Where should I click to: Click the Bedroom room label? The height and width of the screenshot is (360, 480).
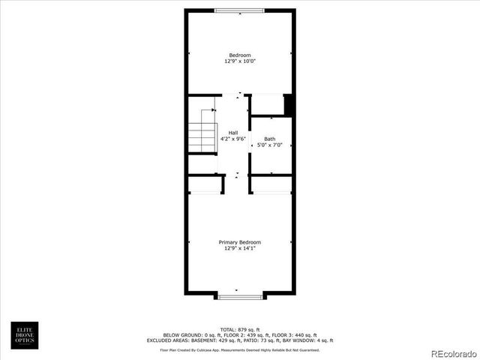(239, 55)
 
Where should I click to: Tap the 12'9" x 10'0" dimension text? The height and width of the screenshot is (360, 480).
(239, 61)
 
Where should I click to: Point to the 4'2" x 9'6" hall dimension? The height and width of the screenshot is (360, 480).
(233, 139)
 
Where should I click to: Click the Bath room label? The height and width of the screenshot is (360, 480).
(269, 139)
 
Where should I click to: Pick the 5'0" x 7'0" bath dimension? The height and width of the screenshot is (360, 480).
(269, 145)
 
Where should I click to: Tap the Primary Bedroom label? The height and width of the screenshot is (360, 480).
(239, 242)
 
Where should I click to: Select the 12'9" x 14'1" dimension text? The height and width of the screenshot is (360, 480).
(239, 248)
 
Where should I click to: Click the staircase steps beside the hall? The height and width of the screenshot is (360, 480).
(202, 136)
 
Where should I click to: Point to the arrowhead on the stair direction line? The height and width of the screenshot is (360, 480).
(214, 109)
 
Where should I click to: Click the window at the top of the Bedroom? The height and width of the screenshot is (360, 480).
(239, 10)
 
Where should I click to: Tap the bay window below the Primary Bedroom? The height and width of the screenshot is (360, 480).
(240, 297)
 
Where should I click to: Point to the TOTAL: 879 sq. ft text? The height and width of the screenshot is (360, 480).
(239, 329)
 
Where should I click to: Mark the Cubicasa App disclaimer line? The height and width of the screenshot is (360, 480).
(239, 349)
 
